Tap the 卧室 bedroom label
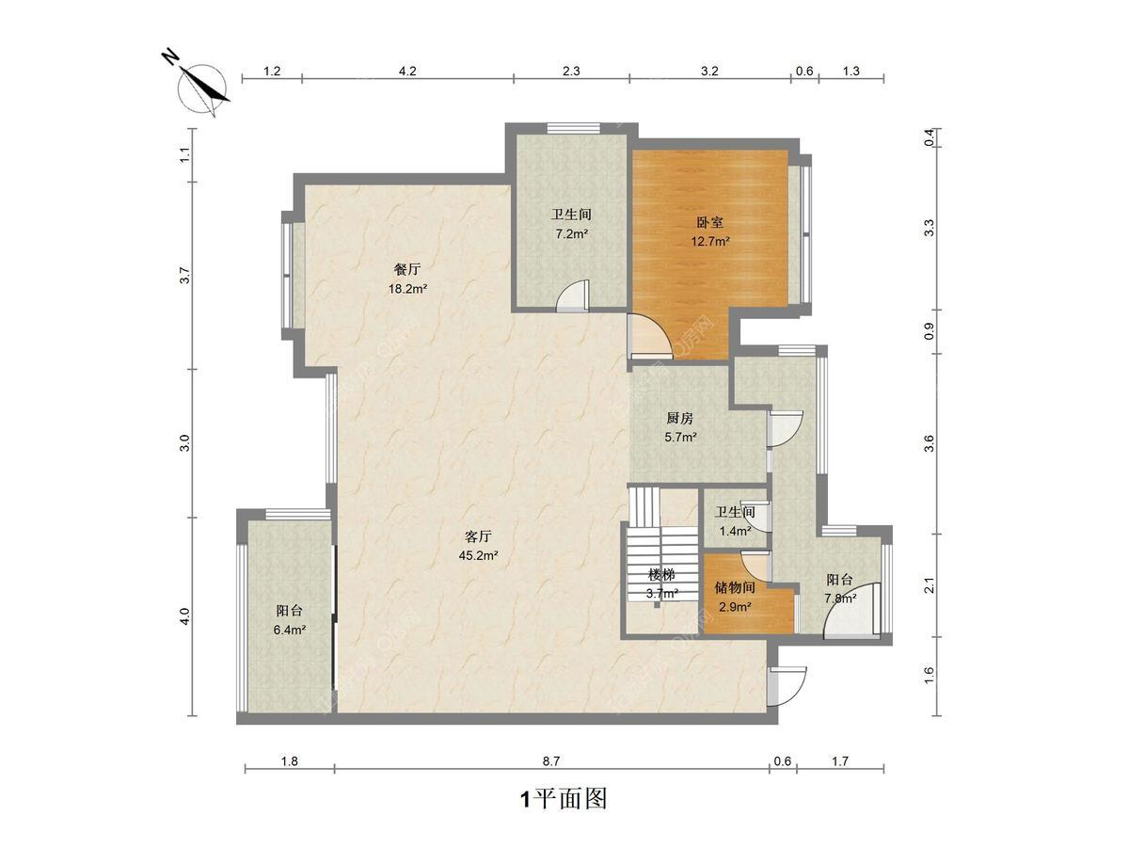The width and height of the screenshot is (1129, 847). click(709, 222)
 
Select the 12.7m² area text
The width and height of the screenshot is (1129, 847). click(710, 241)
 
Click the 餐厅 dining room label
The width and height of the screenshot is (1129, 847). click(407, 269)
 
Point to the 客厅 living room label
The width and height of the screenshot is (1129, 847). click(478, 536)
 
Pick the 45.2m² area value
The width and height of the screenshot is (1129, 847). click(478, 555)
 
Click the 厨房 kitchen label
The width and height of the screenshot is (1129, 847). click(680, 418)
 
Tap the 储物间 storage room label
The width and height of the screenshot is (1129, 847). click(735, 587)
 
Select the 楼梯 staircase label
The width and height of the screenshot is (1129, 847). click(662, 574)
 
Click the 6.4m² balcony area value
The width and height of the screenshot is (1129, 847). click(290, 630)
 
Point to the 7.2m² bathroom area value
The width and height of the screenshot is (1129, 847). click(571, 234)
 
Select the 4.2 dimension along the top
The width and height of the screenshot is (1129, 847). click(407, 71)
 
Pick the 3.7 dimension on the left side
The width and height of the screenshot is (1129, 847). click(184, 276)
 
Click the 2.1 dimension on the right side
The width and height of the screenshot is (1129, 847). click(929, 585)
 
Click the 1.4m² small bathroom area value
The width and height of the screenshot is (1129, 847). click(735, 531)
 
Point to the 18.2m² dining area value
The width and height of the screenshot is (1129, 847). click(408, 289)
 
